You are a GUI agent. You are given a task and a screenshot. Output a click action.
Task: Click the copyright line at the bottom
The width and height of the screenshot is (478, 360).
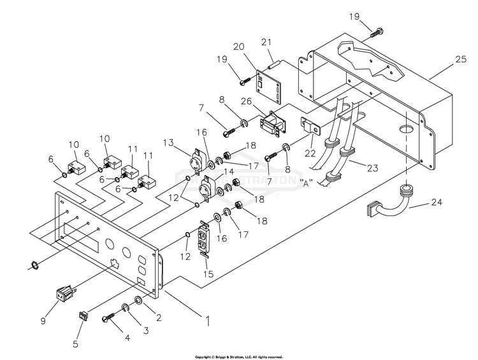click(x=238, y=356)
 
